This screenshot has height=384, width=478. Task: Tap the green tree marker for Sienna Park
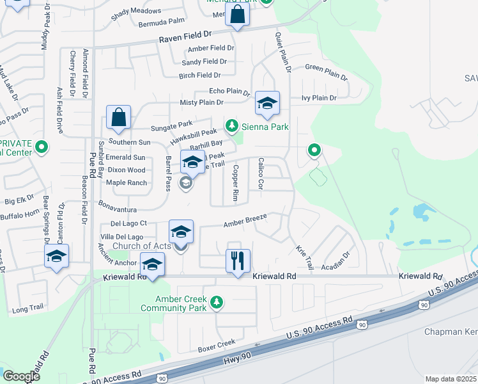[232, 126]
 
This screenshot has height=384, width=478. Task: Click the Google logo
[21, 376]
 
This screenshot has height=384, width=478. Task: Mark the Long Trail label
[27, 308]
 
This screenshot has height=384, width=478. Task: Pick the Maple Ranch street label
[126, 183]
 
